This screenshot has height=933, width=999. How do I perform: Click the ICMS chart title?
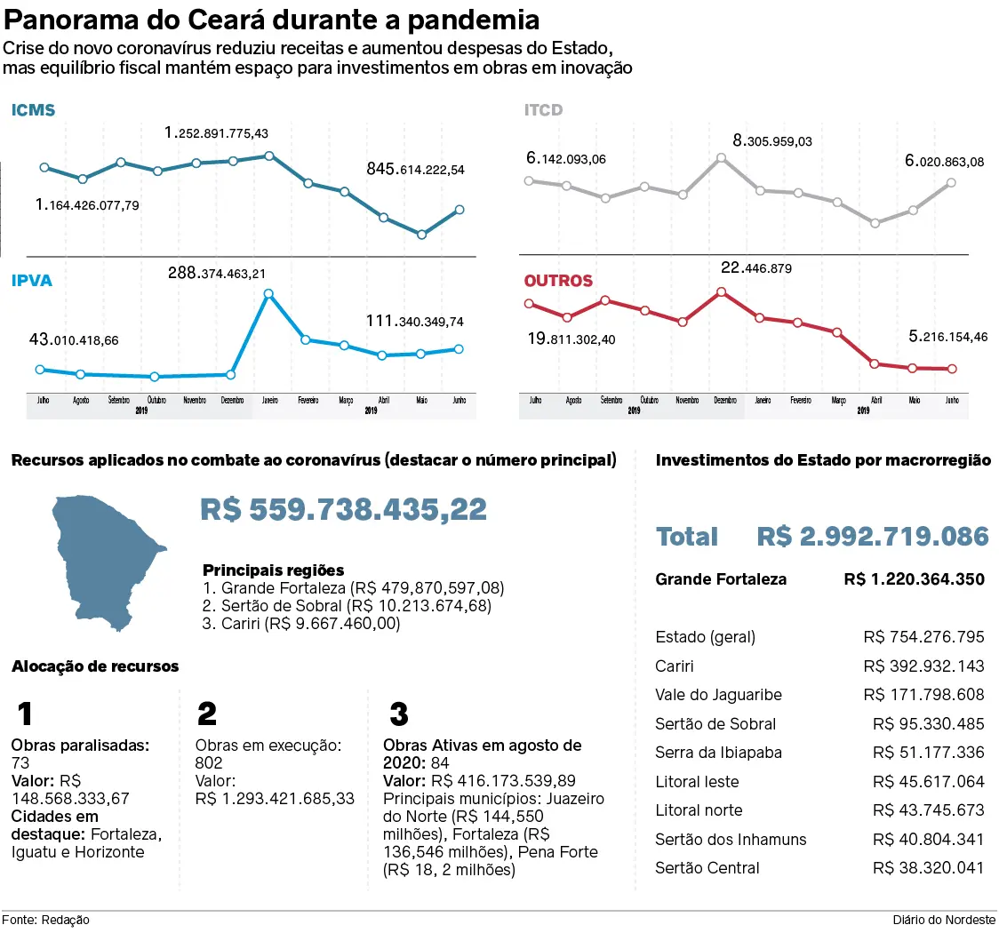(x=33, y=111)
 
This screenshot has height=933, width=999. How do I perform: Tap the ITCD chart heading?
(x=543, y=111)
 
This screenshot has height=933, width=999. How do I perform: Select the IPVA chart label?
(x=31, y=281)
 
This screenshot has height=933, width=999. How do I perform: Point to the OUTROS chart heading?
(x=557, y=281)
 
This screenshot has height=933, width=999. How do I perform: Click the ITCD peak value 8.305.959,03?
(x=771, y=140)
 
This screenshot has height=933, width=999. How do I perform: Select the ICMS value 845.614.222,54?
(x=415, y=169)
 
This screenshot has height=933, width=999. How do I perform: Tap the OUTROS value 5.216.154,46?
(x=933, y=337)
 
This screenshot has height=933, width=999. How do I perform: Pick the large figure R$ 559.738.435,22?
(x=343, y=509)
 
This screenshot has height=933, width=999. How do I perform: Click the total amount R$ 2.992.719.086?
(x=873, y=537)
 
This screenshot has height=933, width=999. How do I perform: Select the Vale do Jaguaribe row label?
(x=718, y=695)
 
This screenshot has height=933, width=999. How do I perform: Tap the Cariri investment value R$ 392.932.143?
(x=923, y=666)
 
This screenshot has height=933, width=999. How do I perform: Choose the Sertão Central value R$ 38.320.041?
(x=928, y=868)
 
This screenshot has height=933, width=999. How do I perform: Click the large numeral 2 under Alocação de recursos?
(x=206, y=714)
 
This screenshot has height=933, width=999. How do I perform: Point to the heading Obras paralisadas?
(x=79, y=746)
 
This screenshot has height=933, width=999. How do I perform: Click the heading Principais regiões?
(x=273, y=570)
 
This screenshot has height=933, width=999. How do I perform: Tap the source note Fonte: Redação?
(x=45, y=921)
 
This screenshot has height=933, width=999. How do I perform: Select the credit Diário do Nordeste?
(x=945, y=921)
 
